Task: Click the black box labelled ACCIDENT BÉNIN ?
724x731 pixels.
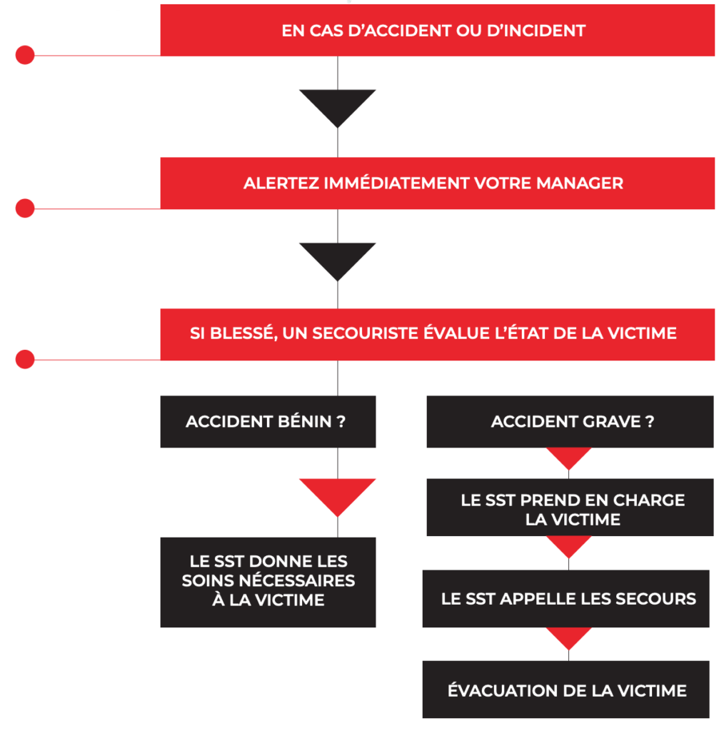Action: (x=268, y=422)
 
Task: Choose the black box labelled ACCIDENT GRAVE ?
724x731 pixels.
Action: (x=570, y=422)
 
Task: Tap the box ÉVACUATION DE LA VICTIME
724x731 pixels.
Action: (x=566, y=690)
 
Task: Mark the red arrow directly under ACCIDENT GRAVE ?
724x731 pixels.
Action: (x=569, y=457)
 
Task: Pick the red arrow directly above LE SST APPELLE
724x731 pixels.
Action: (x=569, y=545)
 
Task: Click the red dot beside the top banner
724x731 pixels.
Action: (x=25, y=55)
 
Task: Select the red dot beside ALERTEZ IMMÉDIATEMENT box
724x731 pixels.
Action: (x=25, y=208)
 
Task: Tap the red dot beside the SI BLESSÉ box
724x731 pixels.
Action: (x=25, y=359)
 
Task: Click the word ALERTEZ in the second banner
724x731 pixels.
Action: (x=281, y=183)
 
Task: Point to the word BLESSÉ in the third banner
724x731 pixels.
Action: (x=241, y=333)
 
